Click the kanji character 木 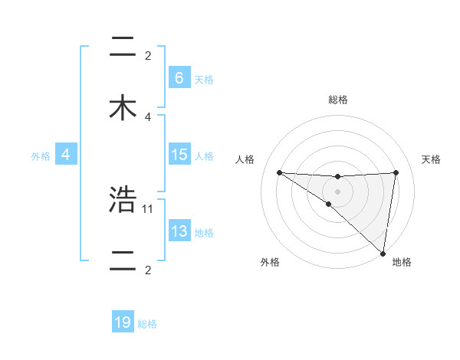(123, 108)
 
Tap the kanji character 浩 (123, 200)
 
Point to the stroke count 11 (148, 208)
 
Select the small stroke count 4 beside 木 (148, 116)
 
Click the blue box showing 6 (179, 77)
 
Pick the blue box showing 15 (179, 155)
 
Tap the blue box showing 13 (179, 231)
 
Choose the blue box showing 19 (123, 322)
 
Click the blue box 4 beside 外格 (66, 155)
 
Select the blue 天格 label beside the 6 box (204, 79)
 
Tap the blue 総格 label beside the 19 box (147, 324)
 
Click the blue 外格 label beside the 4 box (41, 155)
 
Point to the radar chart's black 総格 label (338, 100)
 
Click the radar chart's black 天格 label (432, 159)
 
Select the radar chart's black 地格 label (402, 262)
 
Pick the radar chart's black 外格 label (270, 262)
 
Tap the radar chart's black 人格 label (245, 159)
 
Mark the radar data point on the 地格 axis (383, 253)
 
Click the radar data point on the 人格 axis (279, 172)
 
